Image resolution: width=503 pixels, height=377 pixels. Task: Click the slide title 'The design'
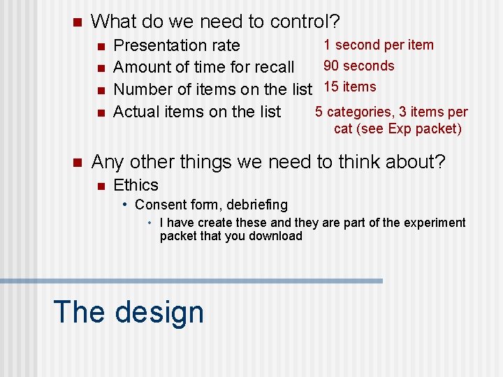(129, 312)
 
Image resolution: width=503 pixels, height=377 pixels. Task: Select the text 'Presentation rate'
(176, 45)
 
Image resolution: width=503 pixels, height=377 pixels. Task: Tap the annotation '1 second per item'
(378, 45)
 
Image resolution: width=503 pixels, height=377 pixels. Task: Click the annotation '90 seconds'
(358, 66)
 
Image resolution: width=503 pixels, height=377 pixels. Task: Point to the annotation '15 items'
(350, 87)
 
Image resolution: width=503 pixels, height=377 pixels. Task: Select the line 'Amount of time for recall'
(203, 67)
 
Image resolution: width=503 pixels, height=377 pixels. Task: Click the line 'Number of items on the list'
(212, 89)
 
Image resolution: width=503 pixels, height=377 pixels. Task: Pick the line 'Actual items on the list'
(196, 112)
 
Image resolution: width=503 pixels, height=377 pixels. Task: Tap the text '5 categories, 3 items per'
(391, 112)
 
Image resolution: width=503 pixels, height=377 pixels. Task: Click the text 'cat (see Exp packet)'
(398, 128)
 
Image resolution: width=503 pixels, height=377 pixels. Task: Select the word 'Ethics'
(136, 185)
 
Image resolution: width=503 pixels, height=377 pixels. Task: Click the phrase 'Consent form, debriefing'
(211, 205)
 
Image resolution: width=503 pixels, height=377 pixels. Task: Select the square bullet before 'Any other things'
(77, 163)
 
